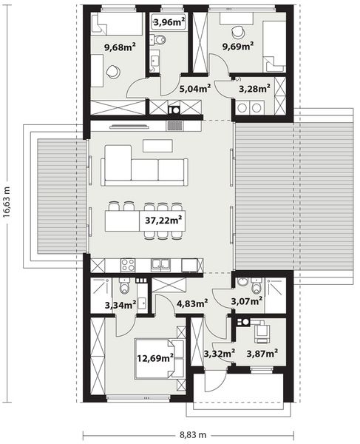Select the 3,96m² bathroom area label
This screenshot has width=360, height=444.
point(168,22)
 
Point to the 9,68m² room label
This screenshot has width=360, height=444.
point(119,49)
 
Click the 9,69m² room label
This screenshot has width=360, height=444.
point(238,46)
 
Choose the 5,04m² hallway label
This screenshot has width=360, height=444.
point(195,88)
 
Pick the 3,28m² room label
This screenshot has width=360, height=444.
point(254,90)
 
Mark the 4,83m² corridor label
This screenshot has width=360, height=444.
point(191,302)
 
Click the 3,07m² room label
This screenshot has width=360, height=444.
point(248,300)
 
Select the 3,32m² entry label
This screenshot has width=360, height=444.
point(219,353)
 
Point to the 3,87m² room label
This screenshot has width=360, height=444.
point(262,353)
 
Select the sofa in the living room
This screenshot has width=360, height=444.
point(145,166)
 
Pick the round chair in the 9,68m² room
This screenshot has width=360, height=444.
point(112,72)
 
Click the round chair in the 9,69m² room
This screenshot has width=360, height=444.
point(238,32)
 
